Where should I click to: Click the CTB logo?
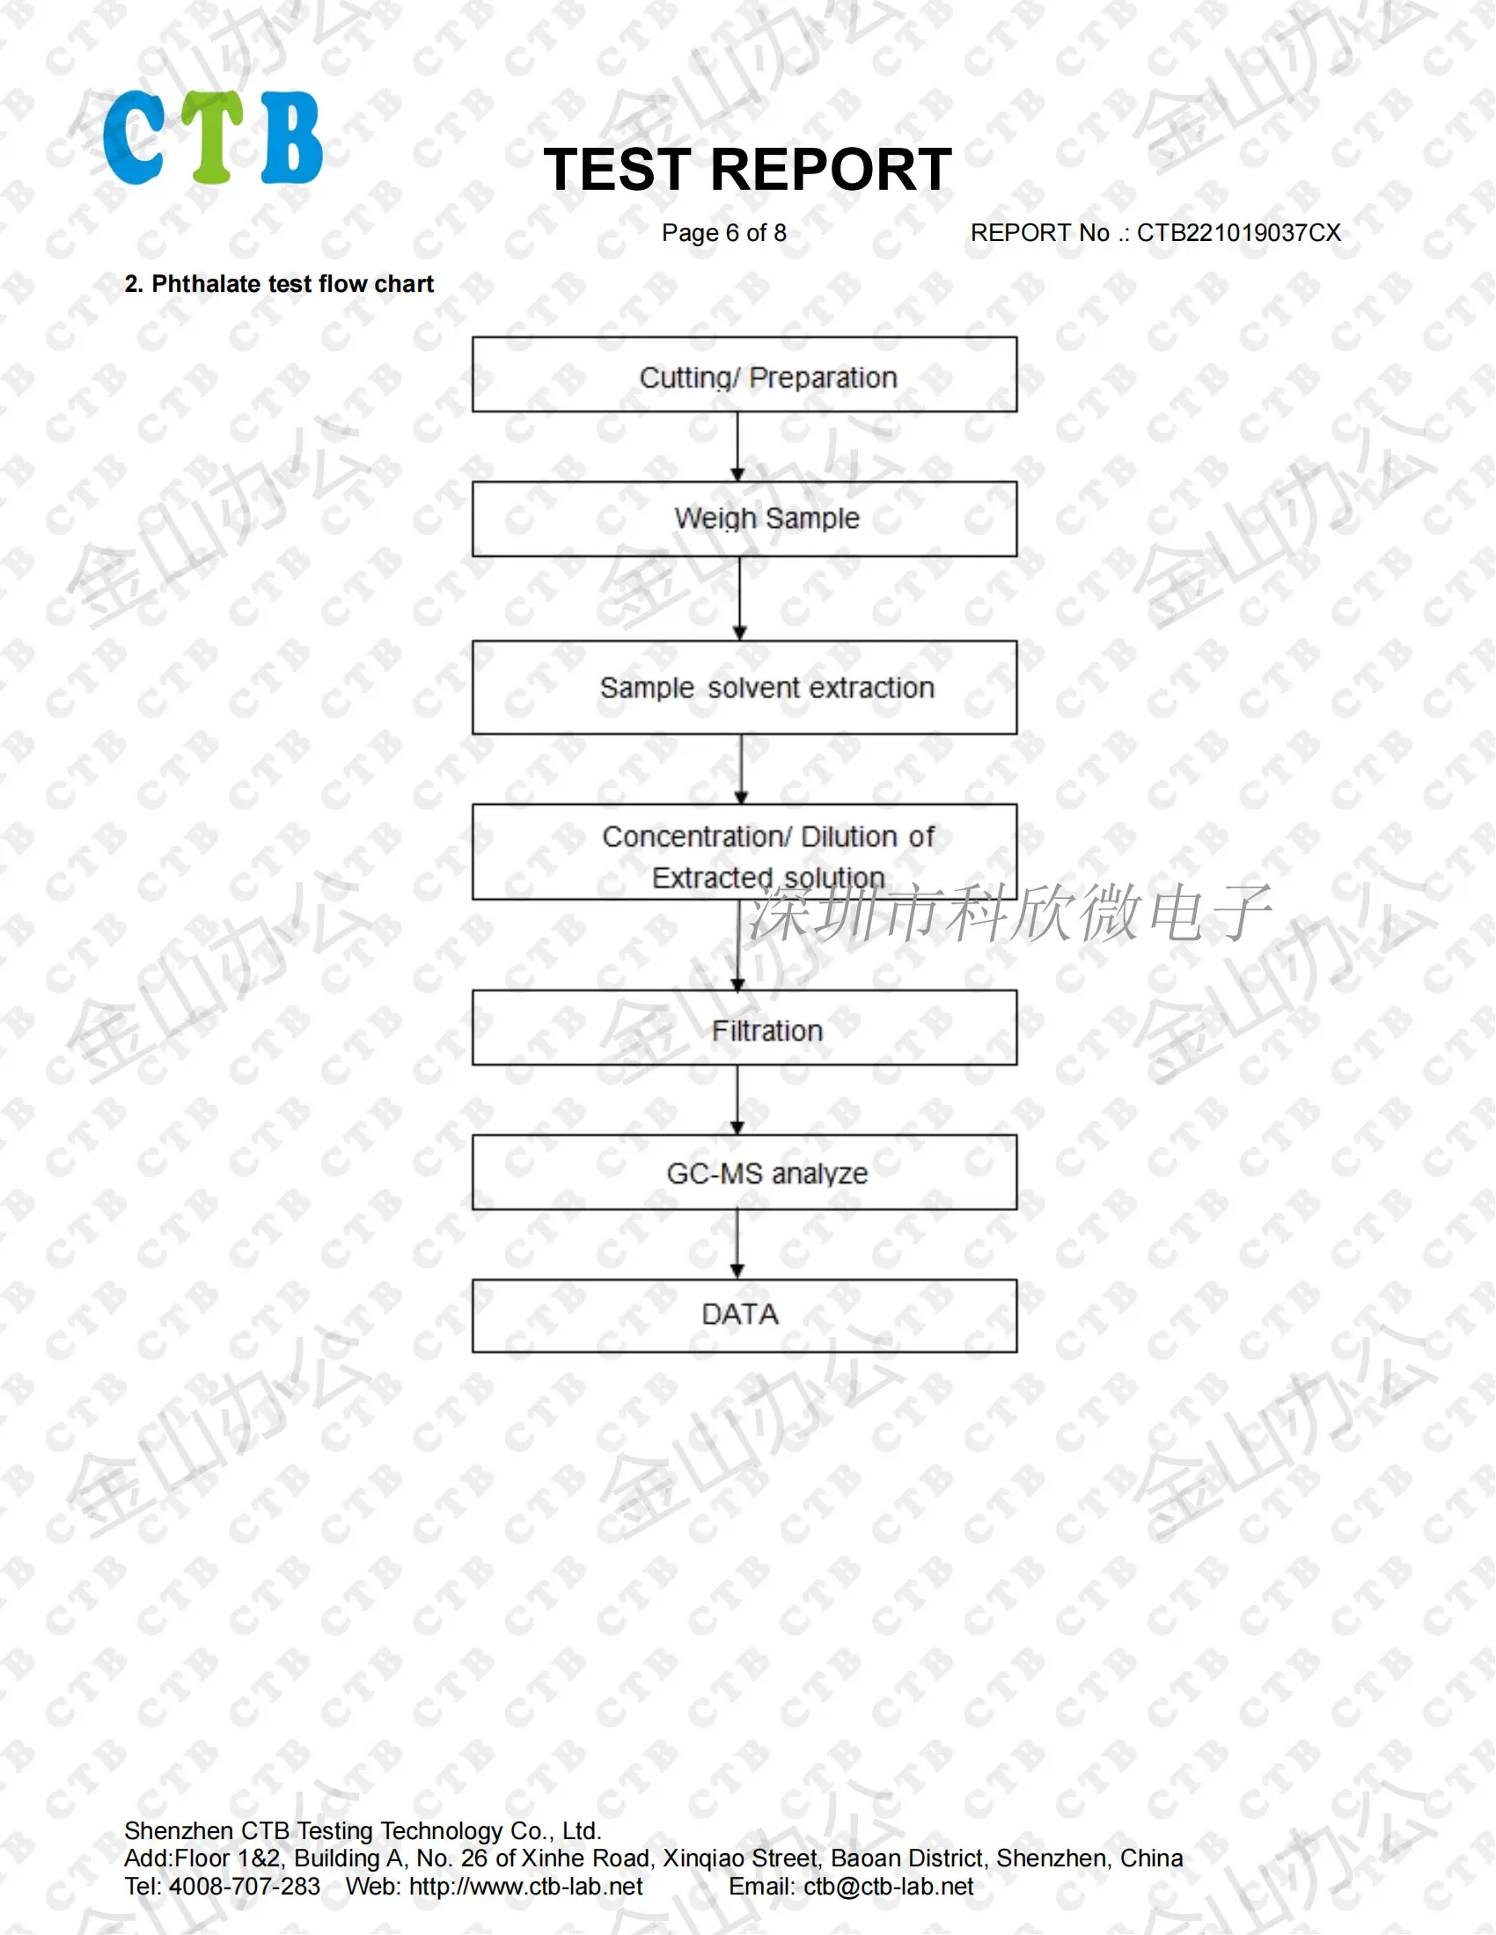coord(213,137)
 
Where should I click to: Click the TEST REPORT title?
coord(747,169)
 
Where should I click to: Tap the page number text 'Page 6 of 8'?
coord(724,233)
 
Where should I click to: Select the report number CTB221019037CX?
coord(1238,233)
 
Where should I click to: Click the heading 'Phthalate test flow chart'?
coord(291,284)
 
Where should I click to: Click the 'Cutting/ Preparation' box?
coord(744,375)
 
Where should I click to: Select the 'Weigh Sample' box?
coord(744,519)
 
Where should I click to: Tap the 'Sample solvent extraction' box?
coord(744,688)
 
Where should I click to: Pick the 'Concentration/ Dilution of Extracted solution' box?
coord(744,852)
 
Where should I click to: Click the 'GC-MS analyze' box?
coord(744,1172)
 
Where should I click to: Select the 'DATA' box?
coord(744,1315)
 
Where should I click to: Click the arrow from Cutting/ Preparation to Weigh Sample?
coord(737,447)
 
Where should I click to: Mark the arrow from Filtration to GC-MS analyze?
coord(737,1099)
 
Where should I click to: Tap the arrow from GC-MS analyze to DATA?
coord(737,1244)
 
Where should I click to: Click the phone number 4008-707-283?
coord(245,1888)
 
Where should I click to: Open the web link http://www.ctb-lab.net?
coord(525,1888)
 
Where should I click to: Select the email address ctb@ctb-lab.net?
coord(888,1888)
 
